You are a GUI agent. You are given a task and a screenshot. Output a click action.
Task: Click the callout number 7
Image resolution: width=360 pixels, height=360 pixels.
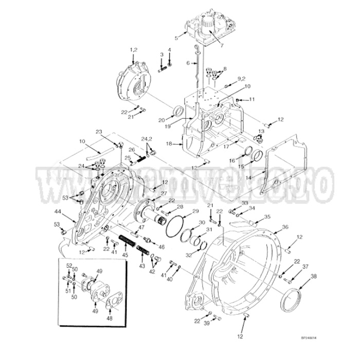tap(222, 46)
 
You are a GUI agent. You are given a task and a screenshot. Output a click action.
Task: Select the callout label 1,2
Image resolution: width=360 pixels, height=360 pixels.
tap(134, 49)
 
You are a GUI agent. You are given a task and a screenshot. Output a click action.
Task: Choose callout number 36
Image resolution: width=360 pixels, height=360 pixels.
tap(285, 227)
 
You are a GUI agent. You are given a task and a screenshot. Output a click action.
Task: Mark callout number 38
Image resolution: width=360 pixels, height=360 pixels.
tap(314, 276)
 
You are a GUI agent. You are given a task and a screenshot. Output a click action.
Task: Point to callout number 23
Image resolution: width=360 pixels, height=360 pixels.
tap(99, 132)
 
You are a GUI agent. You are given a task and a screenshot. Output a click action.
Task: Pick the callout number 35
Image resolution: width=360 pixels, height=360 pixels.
tap(267, 217)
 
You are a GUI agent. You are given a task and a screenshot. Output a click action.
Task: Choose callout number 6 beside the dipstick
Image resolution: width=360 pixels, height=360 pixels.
tap(188, 63)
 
